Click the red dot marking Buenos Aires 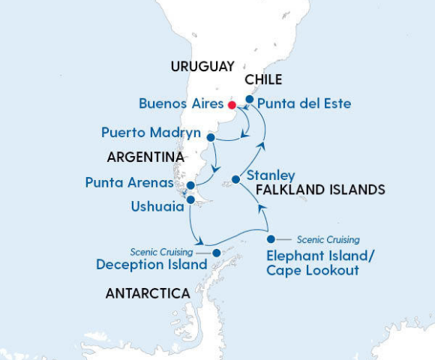point(232,104)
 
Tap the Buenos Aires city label point(181,103)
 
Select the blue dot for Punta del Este point(250,98)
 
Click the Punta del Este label point(303,103)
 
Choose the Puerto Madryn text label point(151,133)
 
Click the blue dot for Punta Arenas point(191,185)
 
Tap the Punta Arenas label point(129,182)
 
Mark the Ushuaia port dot point(190,200)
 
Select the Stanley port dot point(235,179)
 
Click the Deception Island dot point(217,253)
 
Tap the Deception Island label point(151,265)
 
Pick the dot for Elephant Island point(271,239)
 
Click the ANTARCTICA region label point(148,294)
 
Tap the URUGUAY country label point(202,66)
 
